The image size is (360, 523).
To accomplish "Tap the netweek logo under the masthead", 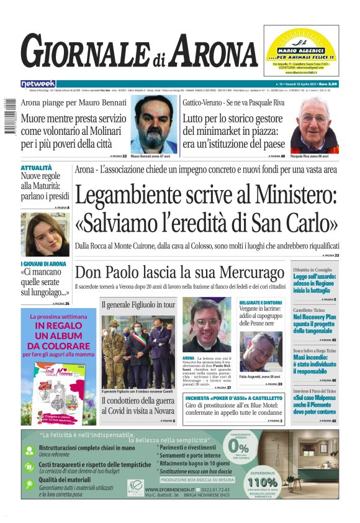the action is (38, 83).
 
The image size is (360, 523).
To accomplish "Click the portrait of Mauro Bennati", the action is (154, 124).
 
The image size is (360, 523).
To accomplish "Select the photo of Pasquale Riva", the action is (315, 125).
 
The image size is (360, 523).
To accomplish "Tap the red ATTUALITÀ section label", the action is (36, 168).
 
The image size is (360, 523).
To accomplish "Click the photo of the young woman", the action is (45, 235).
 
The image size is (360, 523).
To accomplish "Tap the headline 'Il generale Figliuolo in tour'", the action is (138, 305).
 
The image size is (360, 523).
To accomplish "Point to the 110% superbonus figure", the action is (263, 481).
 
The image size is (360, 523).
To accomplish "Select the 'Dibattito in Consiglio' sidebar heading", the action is (313, 270).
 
